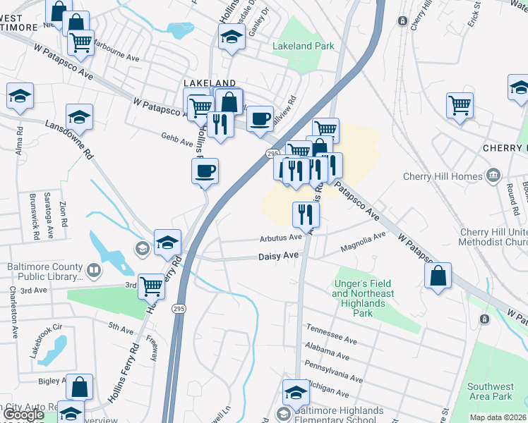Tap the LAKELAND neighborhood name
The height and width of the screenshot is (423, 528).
pos(210,82)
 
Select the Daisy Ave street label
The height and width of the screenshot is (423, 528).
pos(278,257)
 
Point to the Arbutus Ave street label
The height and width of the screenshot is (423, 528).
pos(280,238)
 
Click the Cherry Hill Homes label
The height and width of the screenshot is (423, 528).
pos(442,176)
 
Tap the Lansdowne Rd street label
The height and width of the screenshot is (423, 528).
pos(68,138)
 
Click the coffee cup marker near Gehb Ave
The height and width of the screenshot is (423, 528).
pos(205,171)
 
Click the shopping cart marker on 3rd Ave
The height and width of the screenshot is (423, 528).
pos(151,286)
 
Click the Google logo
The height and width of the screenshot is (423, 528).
pos(23,415)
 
